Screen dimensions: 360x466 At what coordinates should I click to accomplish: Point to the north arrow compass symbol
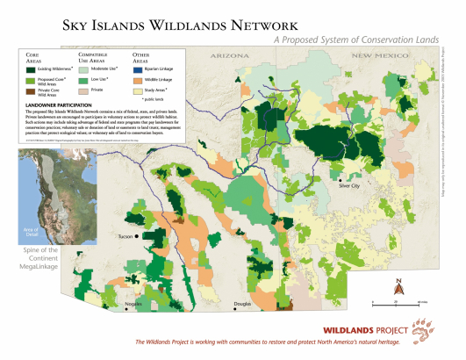tap(398, 284)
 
